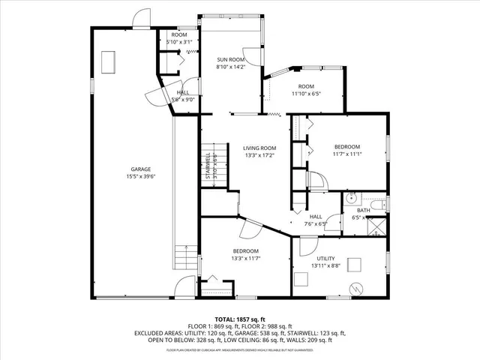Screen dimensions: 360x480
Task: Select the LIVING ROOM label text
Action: (x=259, y=148)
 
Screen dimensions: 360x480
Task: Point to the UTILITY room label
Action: (x=325, y=258)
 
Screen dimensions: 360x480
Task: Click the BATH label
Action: (x=363, y=210)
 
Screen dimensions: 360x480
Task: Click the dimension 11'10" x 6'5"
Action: (x=305, y=94)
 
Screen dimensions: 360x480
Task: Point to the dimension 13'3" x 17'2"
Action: (x=259, y=155)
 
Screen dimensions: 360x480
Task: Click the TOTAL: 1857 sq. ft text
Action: (x=240, y=318)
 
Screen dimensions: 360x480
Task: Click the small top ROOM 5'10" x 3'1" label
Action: (x=179, y=38)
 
